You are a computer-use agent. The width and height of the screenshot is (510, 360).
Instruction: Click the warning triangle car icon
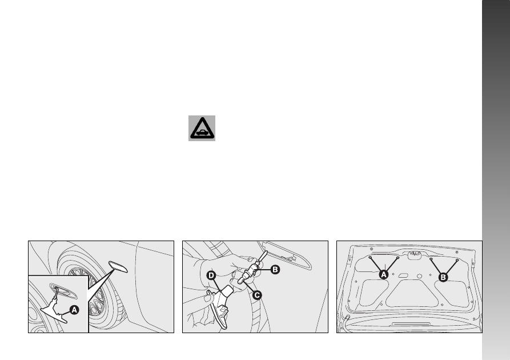point(202,128)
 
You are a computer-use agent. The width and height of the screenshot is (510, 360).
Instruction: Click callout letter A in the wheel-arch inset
point(74,310)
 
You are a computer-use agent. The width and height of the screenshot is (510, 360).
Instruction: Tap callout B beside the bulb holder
point(275,270)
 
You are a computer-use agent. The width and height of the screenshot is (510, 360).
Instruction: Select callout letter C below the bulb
point(257,295)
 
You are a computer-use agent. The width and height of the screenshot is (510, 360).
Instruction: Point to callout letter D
point(211,275)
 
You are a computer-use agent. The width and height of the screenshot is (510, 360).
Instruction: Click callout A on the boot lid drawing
point(384,275)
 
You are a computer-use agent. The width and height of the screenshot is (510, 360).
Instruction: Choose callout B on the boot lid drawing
point(443,278)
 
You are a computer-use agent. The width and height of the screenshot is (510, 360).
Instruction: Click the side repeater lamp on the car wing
point(118,267)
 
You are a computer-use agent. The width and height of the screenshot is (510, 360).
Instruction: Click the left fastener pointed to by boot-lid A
point(370,258)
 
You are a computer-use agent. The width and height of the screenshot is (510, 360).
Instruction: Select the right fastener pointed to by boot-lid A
point(398,258)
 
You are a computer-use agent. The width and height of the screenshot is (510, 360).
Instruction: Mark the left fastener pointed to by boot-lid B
point(431,259)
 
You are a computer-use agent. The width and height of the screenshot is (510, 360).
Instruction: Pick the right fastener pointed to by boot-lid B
point(457,260)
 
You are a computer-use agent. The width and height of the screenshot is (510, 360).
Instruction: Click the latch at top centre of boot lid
point(414,255)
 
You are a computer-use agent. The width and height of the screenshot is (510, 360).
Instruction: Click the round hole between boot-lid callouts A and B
point(419,277)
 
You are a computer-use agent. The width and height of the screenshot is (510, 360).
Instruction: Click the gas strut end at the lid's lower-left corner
point(347,318)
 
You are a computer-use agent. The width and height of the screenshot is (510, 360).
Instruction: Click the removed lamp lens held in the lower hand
point(219,307)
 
